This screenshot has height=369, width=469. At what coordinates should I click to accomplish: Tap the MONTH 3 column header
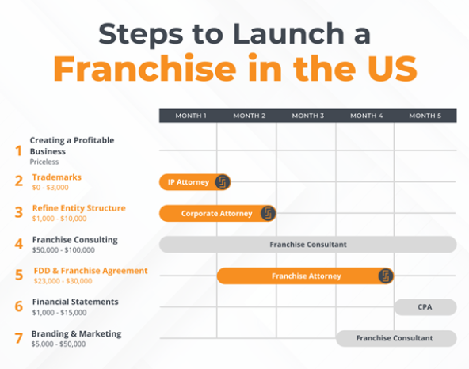(x=307, y=116)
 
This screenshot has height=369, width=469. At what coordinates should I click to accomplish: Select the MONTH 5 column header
(x=426, y=116)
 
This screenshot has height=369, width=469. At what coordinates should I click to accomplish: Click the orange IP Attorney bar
(x=188, y=182)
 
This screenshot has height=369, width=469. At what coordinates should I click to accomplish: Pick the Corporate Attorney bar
(x=215, y=213)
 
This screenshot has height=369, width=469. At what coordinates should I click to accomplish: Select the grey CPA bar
(x=425, y=306)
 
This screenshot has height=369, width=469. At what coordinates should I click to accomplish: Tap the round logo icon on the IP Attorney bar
(x=223, y=182)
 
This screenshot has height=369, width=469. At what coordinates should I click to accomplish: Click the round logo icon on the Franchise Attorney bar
(x=386, y=276)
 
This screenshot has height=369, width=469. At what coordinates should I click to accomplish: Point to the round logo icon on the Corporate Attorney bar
(x=268, y=213)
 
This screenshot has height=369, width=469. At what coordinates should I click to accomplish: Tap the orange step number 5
(x=19, y=276)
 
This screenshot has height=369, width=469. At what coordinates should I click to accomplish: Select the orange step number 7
(x=19, y=338)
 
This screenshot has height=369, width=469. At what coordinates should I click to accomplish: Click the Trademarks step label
(x=56, y=177)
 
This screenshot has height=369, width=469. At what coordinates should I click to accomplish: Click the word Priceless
(x=44, y=161)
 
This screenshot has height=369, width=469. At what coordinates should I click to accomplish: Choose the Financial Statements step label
(x=75, y=302)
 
